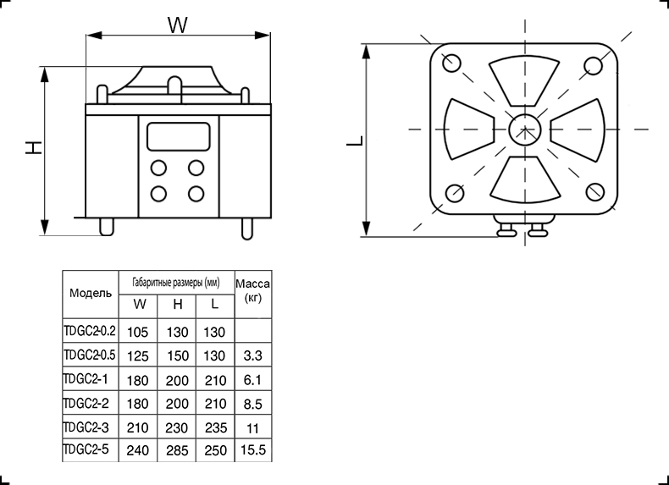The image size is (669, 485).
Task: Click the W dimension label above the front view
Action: [x=178, y=25]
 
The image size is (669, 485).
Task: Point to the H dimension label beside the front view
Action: [x=33, y=147]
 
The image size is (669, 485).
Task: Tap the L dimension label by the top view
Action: [x=355, y=141]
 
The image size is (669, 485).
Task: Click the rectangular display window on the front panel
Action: [x=179, y=136]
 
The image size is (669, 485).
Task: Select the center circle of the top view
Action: [x=525, y=129]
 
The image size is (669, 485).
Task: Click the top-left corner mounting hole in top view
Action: [x=451, y=63]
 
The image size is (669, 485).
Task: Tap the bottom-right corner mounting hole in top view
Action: [x=594, y=191]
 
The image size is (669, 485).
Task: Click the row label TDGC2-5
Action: [x=86, y=449]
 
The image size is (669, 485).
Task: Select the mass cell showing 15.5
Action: [x=253, y=449]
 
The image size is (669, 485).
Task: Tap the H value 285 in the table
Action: [x=177, y=450]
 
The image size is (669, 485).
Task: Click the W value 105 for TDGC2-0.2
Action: [x=138, y=332]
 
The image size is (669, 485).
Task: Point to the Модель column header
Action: [x=91, y=293]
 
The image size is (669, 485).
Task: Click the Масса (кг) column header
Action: [x=253, y=290]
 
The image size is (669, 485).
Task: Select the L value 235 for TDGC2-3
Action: [x=215, y=427]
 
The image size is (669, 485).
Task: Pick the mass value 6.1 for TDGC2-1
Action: [x=252, y=380]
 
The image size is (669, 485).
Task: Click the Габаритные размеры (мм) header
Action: [x=176, y=283]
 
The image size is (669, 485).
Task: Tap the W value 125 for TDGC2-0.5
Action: [x=138, y=355]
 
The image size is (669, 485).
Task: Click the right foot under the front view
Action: [x=246, y=229]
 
